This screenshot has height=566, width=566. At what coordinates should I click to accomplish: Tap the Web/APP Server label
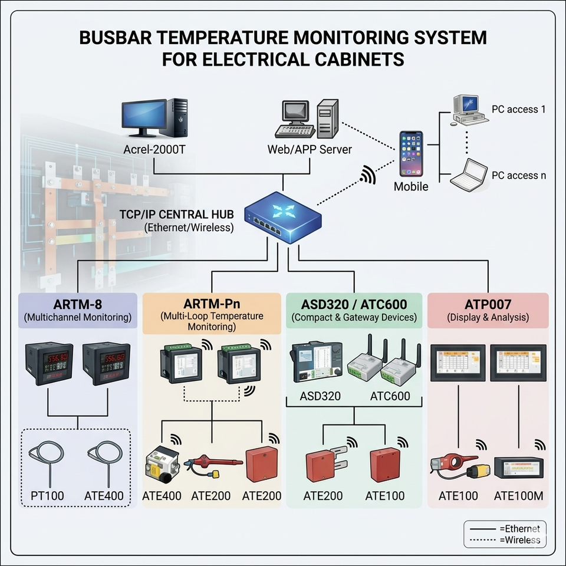310,149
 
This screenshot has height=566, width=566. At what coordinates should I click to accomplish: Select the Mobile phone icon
411,153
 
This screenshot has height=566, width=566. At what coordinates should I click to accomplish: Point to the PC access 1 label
515,109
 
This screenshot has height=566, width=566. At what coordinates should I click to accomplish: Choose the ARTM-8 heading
77,305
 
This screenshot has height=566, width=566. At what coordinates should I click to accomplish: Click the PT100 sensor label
47,495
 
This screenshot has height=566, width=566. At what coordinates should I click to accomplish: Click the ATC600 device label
390,396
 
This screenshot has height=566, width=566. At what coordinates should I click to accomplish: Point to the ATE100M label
518,495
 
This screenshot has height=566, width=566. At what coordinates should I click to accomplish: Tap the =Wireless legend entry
519,539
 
